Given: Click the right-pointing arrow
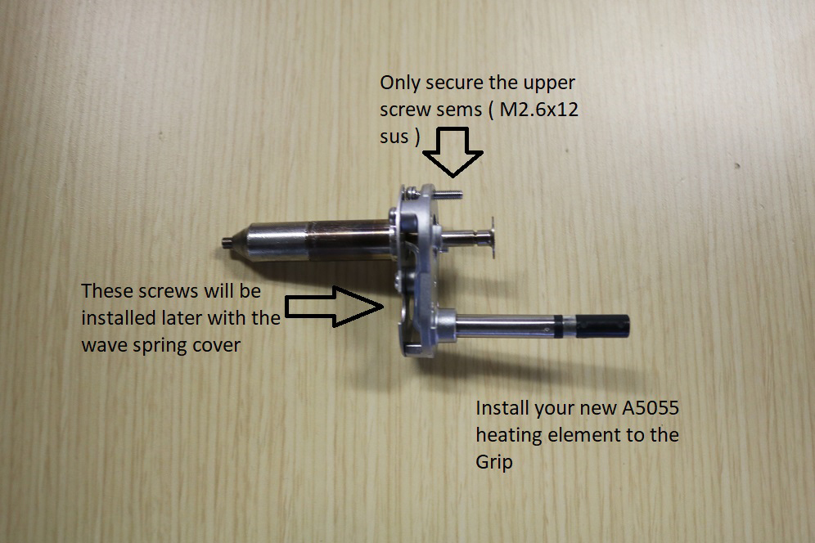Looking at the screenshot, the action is [335, 307].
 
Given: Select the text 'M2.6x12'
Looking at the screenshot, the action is [538, 110].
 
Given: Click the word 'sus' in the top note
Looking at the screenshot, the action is [394, 137].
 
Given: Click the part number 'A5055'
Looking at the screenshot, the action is [651, 408].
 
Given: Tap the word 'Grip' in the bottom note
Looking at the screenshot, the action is [493, 462].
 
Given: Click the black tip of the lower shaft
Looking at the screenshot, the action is [603, 325].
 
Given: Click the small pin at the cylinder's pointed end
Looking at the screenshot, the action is [226, 241].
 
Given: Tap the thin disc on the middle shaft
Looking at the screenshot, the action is [491, 237].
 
